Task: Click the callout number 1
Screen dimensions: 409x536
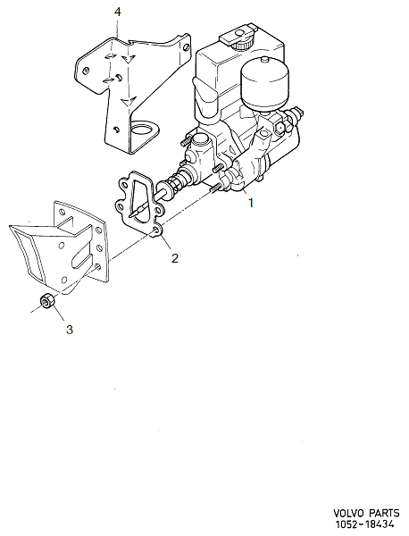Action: pyautogui.click(x=251, y=203)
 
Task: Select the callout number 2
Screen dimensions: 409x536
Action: pyautogui.click(x=175, y=258)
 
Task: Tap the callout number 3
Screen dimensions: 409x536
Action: pyautogui.click(x=70, y=330)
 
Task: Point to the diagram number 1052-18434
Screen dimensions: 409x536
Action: pyautogui.click(x=369, y=525)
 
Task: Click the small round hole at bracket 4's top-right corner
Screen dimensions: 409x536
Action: pyautogui.click(x=185, y=39)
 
